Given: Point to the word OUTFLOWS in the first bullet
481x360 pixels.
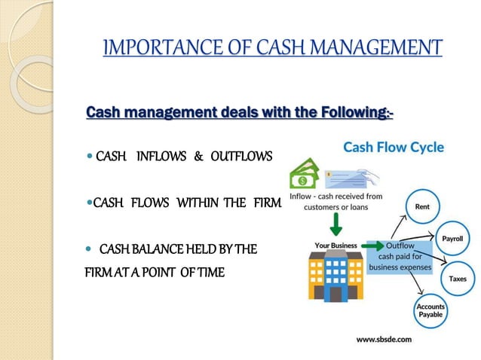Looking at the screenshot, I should coord(240,157).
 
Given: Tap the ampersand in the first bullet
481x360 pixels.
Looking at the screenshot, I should coord(199,157).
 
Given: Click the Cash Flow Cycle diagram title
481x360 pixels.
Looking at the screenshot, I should coord(394,147).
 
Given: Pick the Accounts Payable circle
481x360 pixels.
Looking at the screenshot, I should coord(430,312).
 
